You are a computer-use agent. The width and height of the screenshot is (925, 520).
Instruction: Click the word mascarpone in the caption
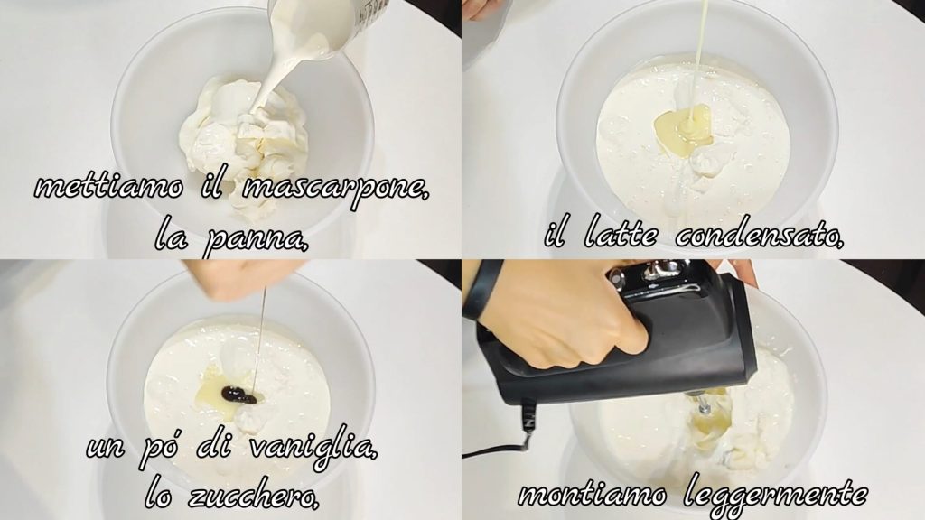point(335,188)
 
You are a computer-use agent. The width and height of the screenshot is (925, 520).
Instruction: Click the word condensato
point(759,235)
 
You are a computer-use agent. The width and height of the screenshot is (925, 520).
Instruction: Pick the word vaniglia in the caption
point(313,447)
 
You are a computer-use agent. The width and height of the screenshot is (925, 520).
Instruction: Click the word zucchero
point(254,496)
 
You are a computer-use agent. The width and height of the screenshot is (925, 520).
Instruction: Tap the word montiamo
point(593,494)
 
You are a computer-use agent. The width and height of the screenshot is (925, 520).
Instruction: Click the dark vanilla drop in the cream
point(238,395)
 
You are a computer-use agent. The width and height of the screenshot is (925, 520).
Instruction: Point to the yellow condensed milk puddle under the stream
point(685,129)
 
